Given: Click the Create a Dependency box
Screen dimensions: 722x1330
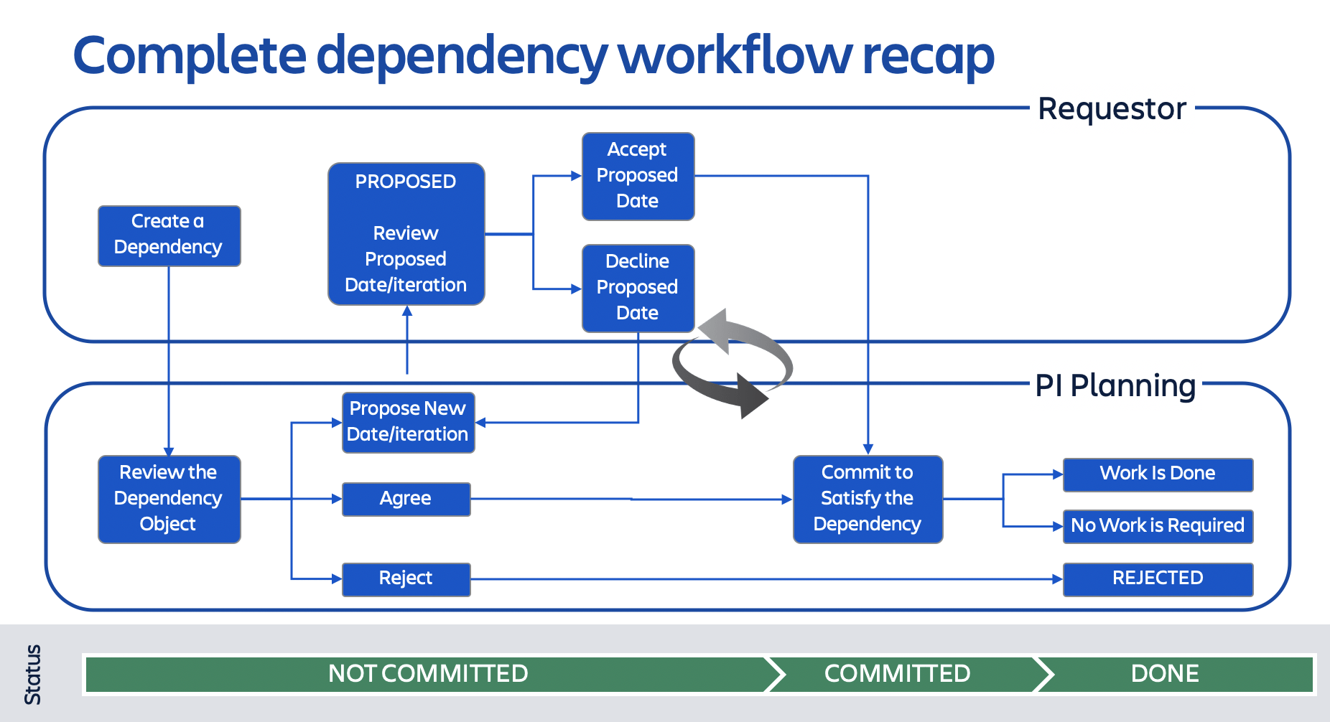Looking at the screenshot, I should [x=169, y=235].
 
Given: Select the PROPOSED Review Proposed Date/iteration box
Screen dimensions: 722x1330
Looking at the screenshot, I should [x=406, y=234].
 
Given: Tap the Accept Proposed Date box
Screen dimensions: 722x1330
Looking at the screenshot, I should [x=638, y=176].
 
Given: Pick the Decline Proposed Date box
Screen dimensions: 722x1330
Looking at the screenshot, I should [x=638, y=288].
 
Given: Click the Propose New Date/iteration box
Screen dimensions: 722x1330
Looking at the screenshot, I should [x=408, y=422].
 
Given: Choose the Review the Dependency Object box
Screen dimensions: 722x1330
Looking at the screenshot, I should [x=169, y=499].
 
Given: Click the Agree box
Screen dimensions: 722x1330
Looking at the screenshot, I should [x=406, y=499].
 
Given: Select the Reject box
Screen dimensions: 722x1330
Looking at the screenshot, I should [x=406, y=578].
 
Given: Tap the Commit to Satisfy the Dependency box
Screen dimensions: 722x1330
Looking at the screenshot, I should [x=868, y=499].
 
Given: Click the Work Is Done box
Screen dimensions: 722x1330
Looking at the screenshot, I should [x=1158, y=474].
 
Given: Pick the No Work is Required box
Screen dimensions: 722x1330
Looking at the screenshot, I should [x=1158, y=526].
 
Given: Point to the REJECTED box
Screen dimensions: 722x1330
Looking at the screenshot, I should [x=1158, y=578].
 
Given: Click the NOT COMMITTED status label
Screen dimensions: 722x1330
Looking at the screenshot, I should [x=428, y=674].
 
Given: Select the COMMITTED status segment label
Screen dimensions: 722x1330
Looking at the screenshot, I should [x=897, y=674].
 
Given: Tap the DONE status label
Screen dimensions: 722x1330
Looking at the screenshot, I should [x=1165, y=674].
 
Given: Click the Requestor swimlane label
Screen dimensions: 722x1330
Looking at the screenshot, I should [x=1112, y=109].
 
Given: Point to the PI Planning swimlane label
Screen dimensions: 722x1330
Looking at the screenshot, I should [x=1115, y=385].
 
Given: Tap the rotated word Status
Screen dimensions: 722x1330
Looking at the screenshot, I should [x=33, y=674].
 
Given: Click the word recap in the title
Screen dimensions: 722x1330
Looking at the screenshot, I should [x=928, y=56].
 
